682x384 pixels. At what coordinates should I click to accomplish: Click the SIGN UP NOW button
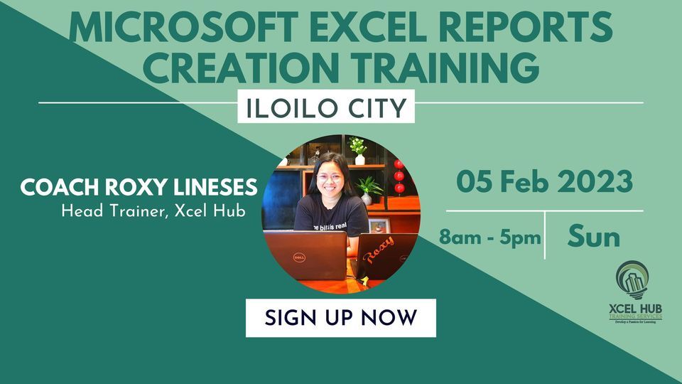click(x=340, y=318)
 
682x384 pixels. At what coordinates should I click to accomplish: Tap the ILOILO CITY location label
click(x=325, y=107)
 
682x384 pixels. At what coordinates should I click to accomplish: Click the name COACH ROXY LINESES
click(x=139, y=188)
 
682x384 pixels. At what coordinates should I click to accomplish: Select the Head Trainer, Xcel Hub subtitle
click(x=153, y=211)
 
